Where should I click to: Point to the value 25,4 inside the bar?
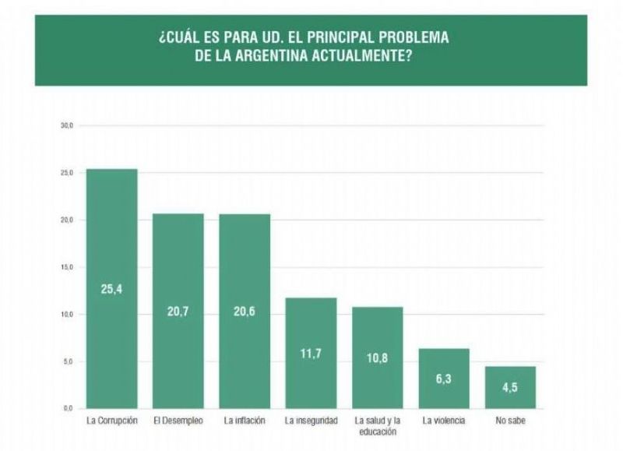tap(111, 290)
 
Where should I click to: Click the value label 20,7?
tap(178, 311)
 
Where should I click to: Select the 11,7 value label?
tap(311, 354)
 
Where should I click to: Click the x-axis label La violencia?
tap(444, 421)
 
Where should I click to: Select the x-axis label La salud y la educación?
tap(377, 425)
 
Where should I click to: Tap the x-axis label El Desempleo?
tap(178, 421)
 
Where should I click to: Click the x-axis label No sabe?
tap(510, 421)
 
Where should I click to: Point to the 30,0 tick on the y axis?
tap(67, 125)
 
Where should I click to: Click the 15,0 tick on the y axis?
tap(67, 267)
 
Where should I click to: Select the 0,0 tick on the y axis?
tap(69, 408)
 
